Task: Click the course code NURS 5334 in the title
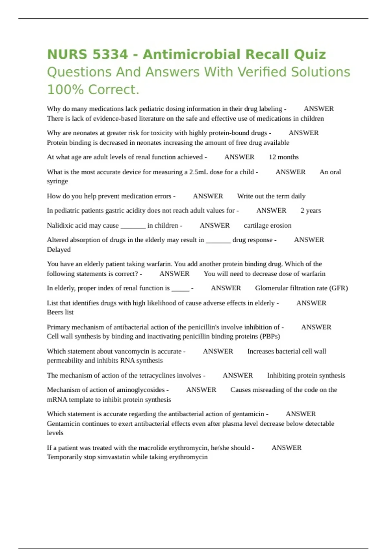click(x=87, y=54)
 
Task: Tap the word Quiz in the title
click(x=310, y=54)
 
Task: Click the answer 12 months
click(x=284, y=157)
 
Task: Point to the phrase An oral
click(x=330, y=172)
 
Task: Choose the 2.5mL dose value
click(x=198, y=172)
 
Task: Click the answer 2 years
click(x=311, y=211)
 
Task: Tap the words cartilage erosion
click(x=268, y=225)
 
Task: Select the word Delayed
click(x=59, y=250)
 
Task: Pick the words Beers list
click(x=60, y=312)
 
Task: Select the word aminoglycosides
click(x=141, y=390)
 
